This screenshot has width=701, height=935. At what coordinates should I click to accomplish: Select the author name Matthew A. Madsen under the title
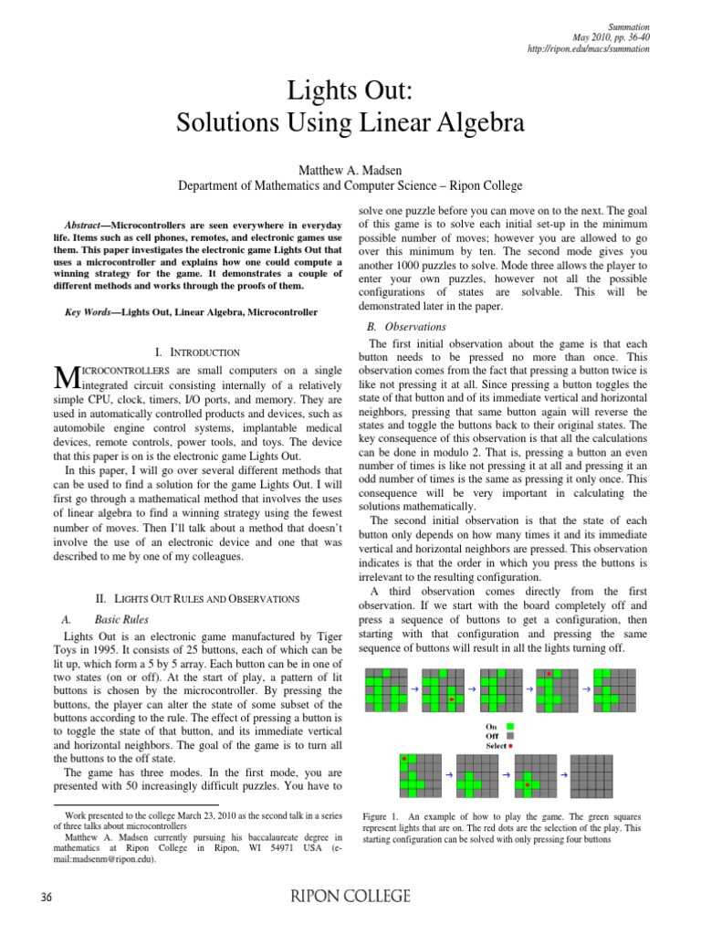[350, 169]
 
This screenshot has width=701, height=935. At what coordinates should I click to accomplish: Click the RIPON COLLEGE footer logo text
[350, 897]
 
